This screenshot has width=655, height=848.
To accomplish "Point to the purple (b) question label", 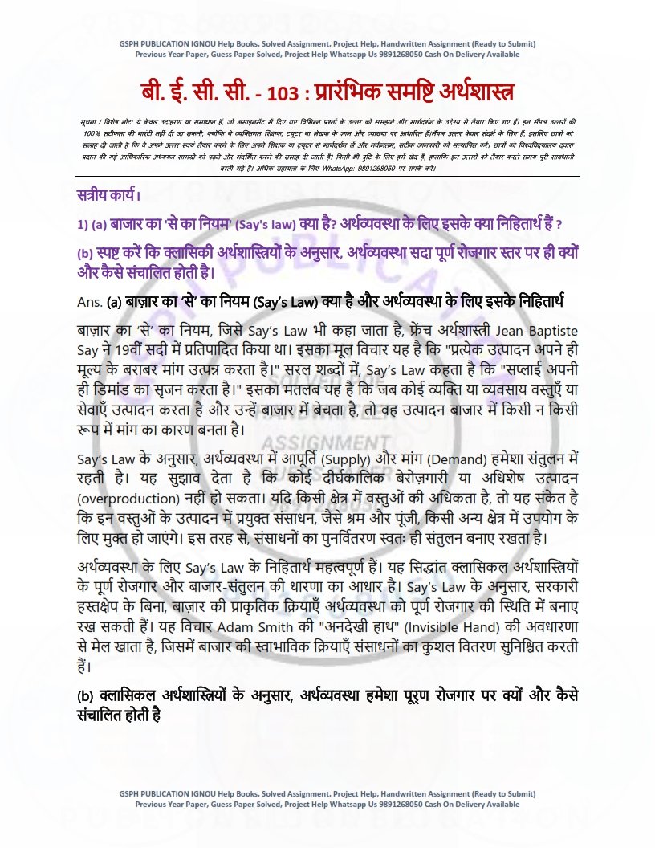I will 85,254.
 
